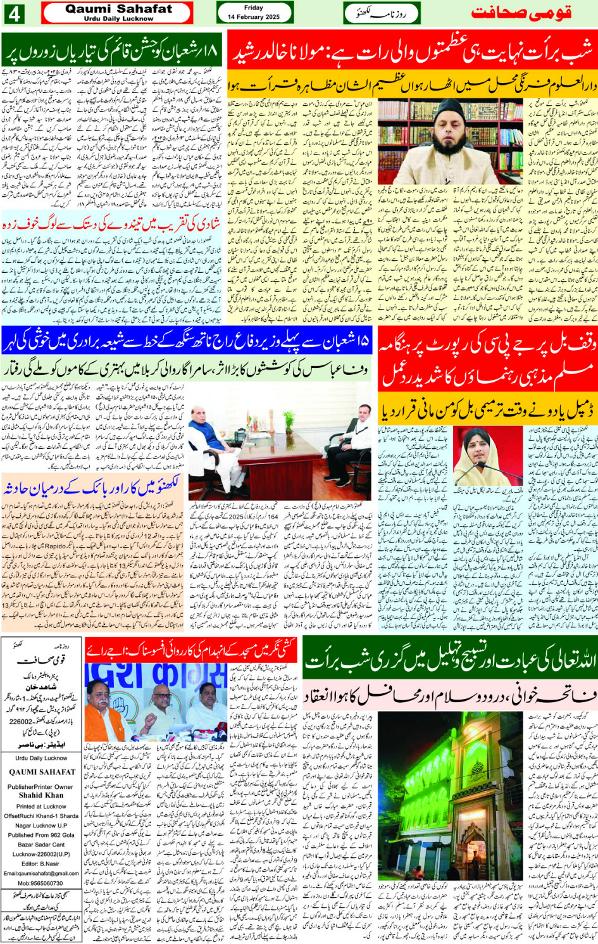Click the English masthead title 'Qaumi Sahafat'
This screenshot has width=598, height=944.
(118, 9)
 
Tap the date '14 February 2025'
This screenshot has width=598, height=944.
(254, 17)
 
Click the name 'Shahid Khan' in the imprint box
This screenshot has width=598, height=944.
(41, 795)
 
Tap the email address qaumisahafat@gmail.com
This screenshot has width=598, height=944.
(41, 873)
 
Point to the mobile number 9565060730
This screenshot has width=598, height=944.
(41, 883)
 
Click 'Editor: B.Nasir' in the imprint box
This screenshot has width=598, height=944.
(41, 864)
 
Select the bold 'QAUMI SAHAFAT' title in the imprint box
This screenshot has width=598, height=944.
(42, 772)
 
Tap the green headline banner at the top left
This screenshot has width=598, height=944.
(112, 50)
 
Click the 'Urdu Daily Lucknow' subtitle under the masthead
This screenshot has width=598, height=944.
(118, 19)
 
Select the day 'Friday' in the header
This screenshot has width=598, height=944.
(253, 8)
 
